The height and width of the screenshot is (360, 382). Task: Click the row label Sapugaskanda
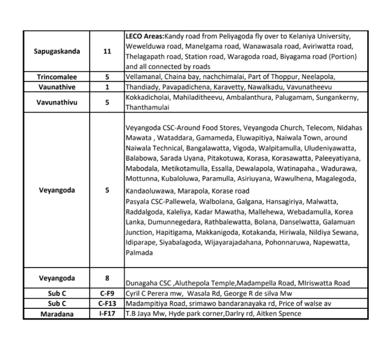[x=57, y=52]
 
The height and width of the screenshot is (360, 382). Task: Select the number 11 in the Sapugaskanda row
[x=107, y=52]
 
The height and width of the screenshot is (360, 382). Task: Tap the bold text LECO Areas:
[x=142, y=36]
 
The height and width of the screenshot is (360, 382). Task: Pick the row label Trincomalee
[x=57, y=77]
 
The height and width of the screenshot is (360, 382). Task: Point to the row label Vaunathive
[x=57, y=87]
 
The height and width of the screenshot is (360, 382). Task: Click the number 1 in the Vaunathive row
[x=107, y=87]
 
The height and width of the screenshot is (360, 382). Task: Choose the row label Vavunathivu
[x=57, y=102]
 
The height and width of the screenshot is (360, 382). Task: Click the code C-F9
[x=107, y=294]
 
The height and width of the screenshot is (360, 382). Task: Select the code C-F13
[x=107, y=304]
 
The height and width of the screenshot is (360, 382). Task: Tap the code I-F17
[x=107, y=314]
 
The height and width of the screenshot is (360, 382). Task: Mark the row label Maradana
[x=57, y=314]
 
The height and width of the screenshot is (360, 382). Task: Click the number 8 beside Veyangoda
[x=107, y=278]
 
